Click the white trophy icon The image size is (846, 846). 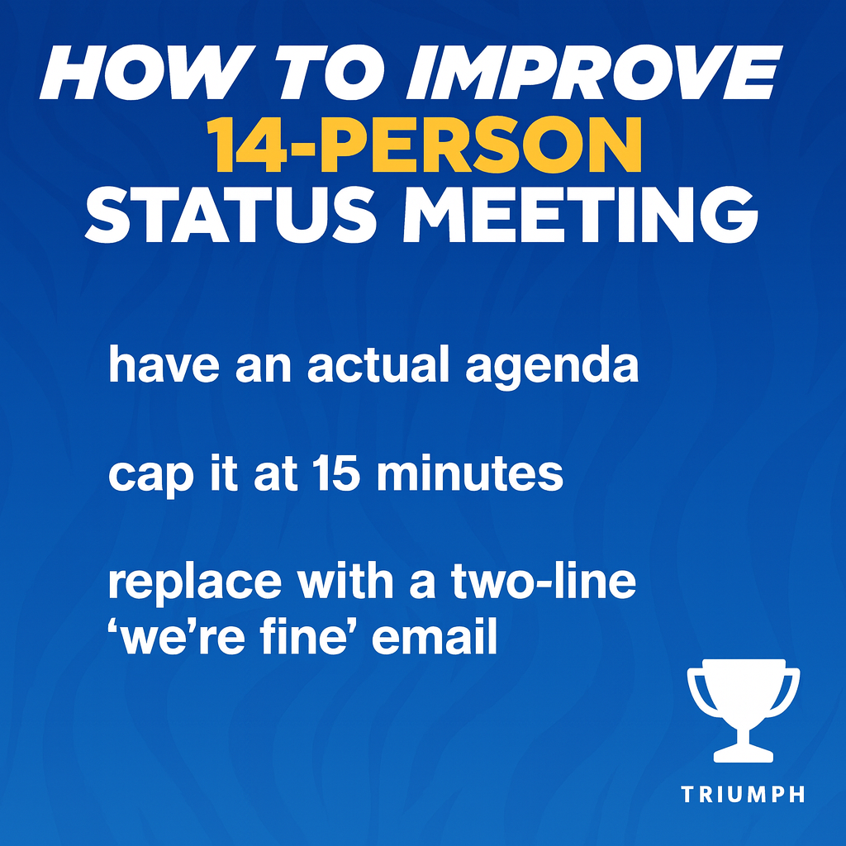pos(744,706)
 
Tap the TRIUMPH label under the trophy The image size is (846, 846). pos(744,795)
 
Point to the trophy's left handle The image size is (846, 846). pos(697,690)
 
